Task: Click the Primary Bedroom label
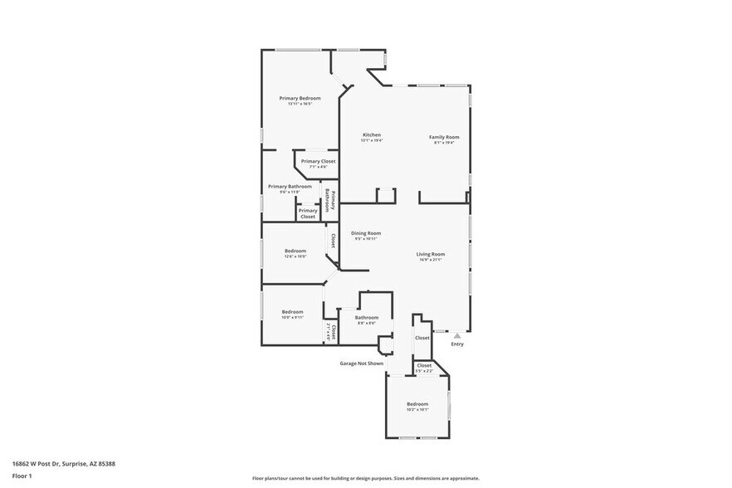pyautogui.click(x=300, y=98)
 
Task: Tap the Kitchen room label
pyautogui.click(x=371, y=134)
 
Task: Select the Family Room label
pyautogui.click(x=444, y=137)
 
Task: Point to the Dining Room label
pyautogui.click(x=365, y=233)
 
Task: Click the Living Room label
pyautogui.click(x=431, y=254)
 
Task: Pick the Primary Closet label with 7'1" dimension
pyautogui.click(x=318, y=161)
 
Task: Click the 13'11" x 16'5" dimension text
pyautogui.click(x=300, y=104)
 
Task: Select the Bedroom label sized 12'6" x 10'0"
pyautogui.click(x=295, y=251)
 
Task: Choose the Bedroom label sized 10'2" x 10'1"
pyautogui.click(x=417, y=404)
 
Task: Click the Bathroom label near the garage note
pyautogui.click(x=367, y=317)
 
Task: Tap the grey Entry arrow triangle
pyautogui.click(x=456, y=334)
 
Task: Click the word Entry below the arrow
pyautogui.click(x=457, y=344)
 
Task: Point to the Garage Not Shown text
pyautogui.click(x=362, y=363)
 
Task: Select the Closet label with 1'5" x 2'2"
pyautogui.click(x=424, y=365)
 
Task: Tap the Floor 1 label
pyautogui.click(x=22, y=476)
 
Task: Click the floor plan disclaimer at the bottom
pyautogui.click(x=366, y=479)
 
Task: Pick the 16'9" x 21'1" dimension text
pyautogui.click(x=431, y=260)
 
